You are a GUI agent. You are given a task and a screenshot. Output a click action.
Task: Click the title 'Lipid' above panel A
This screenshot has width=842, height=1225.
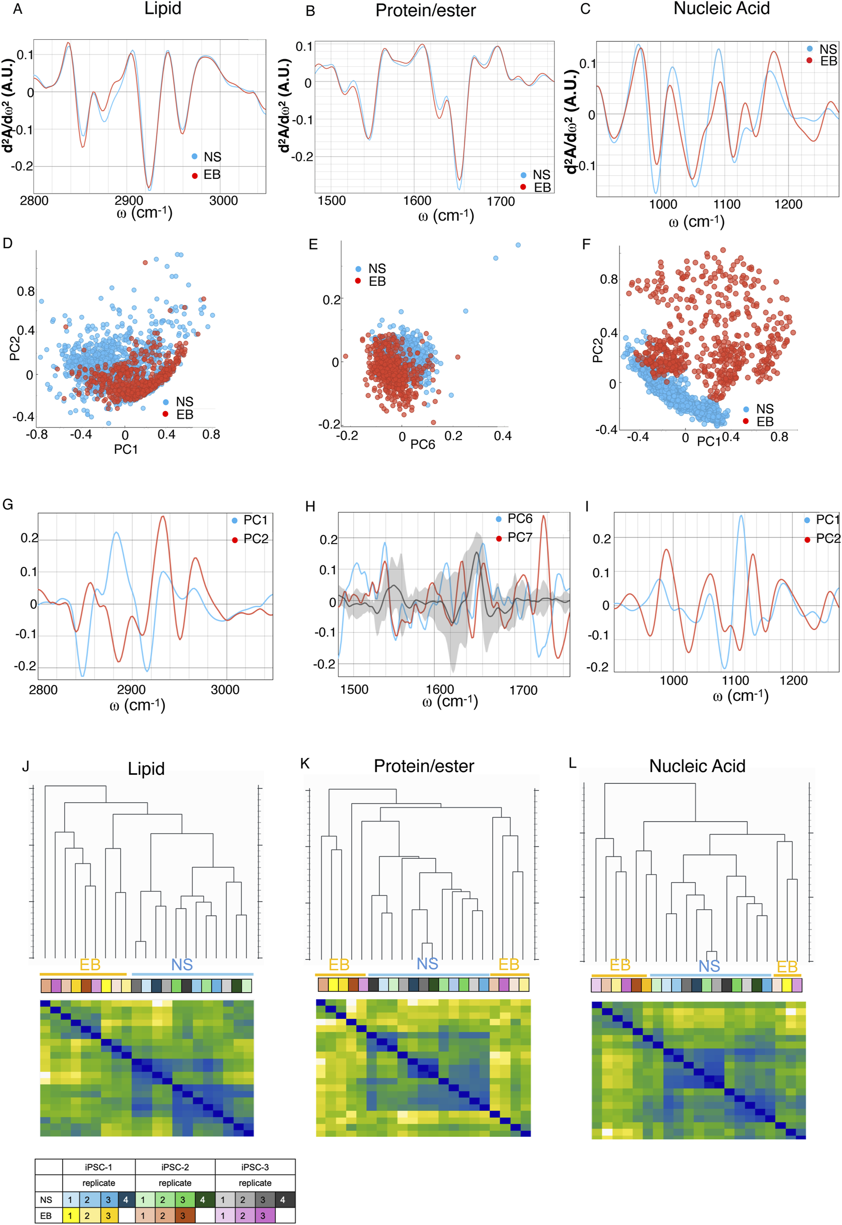pyautogui.click(x=162, y=9)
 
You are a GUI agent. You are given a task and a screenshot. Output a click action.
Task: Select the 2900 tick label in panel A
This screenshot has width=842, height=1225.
pyautogui.click(x=129, y=201)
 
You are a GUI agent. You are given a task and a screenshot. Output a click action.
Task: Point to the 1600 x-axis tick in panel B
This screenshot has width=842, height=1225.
pyautogui.click(x=417, y=201)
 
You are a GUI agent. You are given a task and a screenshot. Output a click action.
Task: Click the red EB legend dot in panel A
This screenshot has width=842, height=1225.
pyautogui.click(x=194, y=175)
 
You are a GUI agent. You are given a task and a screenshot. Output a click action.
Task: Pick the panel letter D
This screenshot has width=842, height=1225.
pyautogui.click(x=8, y=243)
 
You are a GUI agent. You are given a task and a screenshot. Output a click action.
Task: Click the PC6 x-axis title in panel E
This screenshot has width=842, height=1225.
pyautogui.click(x=423, y=444)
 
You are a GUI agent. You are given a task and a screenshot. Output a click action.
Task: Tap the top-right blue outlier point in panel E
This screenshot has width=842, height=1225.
pyautogui.click(x=518, y=245)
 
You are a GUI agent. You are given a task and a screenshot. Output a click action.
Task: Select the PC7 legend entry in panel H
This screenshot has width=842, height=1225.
pyautogui.click(x=519, y=537)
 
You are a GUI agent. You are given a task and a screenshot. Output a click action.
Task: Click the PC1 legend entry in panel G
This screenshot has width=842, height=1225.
pyautogui.click(x=256, y=521)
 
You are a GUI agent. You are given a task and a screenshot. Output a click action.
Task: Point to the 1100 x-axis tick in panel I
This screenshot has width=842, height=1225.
pyautogui.click(x=735, y=680)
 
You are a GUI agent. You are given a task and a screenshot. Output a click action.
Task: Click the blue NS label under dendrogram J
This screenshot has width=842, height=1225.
pyautogui.click(x=182, y=965)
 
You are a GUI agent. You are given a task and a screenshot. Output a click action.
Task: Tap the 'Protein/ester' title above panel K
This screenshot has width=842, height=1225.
pyautogui.click(x=424, y=767)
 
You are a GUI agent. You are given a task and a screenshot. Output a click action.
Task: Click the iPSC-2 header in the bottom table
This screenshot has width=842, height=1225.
pyautogui.click(x=175, y=1167)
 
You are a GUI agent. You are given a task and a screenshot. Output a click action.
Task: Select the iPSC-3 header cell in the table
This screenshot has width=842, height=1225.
pyautogui.click(x=255, y=1167)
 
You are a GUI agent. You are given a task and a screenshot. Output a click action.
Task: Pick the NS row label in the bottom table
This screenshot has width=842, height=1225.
pyautogui.click(x=46, y=1200)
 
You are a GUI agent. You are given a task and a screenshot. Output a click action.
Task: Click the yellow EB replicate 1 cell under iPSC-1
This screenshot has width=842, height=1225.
pyautogui.click(x=70, y=1216)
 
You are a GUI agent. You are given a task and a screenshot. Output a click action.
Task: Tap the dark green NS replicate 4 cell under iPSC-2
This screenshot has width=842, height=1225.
pyautogui.click(x=203, y=1200)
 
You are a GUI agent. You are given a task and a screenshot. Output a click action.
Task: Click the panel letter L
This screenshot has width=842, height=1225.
pyautogui.click(x=573, y=763)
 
